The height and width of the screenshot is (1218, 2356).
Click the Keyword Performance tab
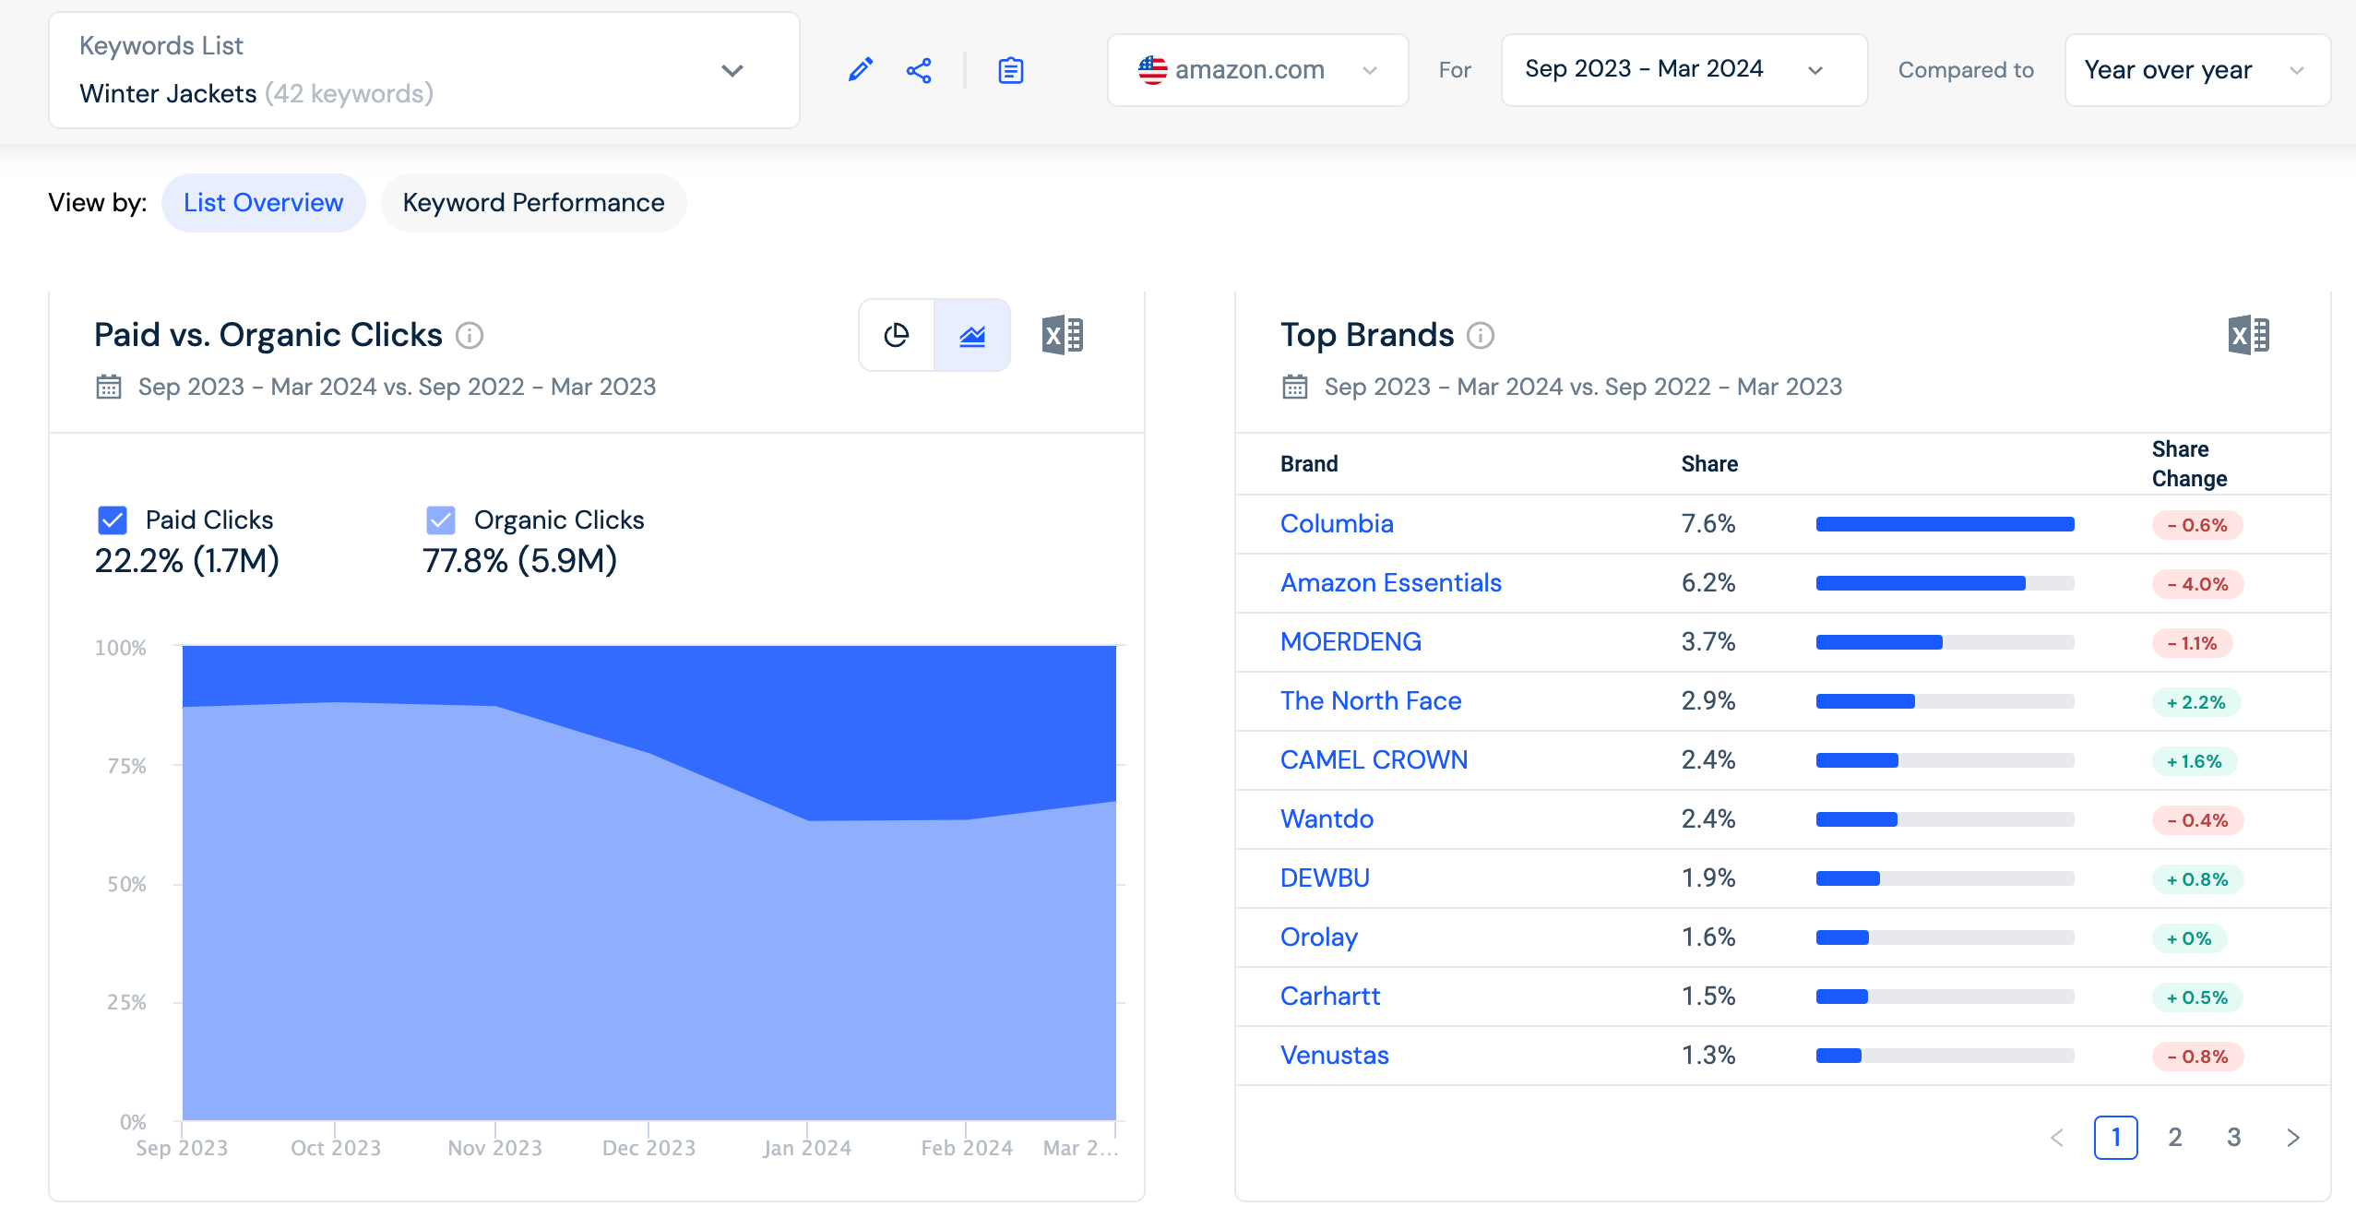click(x=533, y=203)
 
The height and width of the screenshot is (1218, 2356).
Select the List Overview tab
click(x=263, y=203)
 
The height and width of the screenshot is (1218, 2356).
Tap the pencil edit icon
click(x=860, y=70)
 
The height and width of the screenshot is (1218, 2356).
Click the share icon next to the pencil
click(x=919, y=70)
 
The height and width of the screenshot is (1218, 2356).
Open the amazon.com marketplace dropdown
click(x=1257, y=70)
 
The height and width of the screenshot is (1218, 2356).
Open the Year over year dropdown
click(x=2197, y=70)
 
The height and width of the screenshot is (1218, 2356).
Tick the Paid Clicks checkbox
click(x=113, y=520)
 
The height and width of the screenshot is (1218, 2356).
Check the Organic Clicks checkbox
click(x=441, y=520)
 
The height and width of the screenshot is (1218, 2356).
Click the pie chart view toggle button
click(x=897, y=335)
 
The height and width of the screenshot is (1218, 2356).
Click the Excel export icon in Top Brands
click(x=2248, y=335)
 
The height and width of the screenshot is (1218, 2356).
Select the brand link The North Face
click(x=1371, y=701)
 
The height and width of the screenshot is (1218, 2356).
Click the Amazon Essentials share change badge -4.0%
click(x=2197, y=584)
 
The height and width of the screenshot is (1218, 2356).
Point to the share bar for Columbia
click(x=1945, y=524)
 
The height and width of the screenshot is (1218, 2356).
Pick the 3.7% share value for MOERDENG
click(x=1708, y=642)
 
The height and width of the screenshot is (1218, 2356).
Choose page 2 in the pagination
click(x=2175, y=1137)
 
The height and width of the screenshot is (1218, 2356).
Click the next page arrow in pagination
click(x=2293, y=1137)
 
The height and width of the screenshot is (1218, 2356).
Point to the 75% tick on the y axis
click(x=126, y=766)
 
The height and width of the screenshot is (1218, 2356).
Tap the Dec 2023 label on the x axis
click(x=648, y=1148)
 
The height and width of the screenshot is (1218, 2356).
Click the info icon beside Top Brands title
click(x=1481, y=335)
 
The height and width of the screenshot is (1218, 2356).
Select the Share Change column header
click(x=2189, y=464)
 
